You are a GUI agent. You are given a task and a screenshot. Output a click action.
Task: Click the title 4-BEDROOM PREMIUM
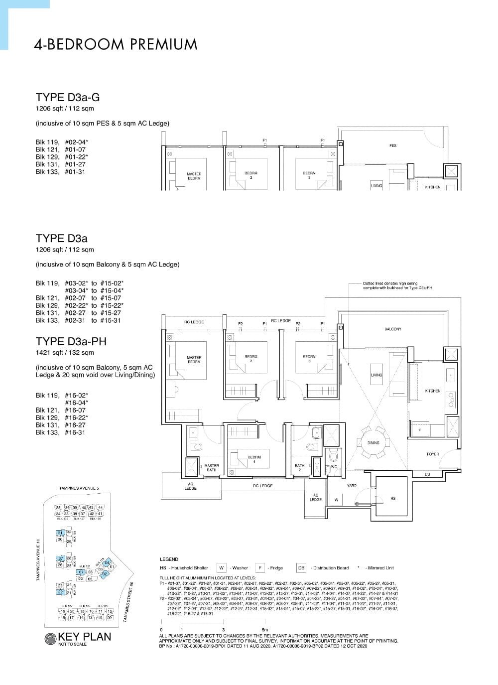click(x=116, y=44)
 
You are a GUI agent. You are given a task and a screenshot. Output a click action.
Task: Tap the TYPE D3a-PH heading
click(x=71, y=341)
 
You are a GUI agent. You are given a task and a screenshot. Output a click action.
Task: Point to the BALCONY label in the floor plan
click(x=392, y=329)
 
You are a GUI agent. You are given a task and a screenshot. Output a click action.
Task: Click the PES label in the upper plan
click(x=392, y=145)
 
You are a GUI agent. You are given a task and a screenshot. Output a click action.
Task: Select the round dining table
click(x=373, y=442)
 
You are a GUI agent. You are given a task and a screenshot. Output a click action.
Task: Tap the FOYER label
click(x=433, y=454)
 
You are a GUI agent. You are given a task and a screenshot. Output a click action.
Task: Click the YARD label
click(x=352, y=485)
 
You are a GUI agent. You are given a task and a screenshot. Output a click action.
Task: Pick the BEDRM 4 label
click(x=254, y=459)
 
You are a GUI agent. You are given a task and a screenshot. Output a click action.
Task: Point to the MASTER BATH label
click(x=211, y=468)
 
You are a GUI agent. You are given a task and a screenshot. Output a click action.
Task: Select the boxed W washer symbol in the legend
click(x=221, y=568)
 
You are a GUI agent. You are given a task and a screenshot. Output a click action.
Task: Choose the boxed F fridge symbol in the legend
click(x=260, y=568)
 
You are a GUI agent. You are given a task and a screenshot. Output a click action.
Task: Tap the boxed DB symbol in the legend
click(x=301, y=568)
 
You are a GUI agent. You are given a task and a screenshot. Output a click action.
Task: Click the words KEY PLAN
click(x=85, y=637)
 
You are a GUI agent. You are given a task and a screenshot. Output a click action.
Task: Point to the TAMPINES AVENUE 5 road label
click(x=79, y=488)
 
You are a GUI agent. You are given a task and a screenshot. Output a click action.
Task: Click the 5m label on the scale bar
click(x=264, y=630)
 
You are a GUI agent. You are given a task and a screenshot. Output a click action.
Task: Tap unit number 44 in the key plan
click(x=100, y=507)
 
